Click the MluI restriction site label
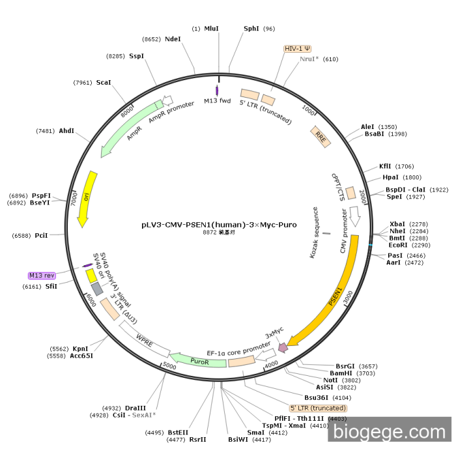212,29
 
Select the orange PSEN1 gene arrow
339,293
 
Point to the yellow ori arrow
86,199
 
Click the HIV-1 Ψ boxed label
298,49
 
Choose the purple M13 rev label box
41,276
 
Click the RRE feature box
320,135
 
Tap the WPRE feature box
143,339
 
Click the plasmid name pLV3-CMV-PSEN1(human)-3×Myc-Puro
219,225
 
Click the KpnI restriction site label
80,349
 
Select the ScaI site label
104,83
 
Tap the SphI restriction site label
251,29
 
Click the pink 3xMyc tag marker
283,348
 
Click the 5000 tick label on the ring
169,365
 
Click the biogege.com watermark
389,431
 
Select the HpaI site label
391,177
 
